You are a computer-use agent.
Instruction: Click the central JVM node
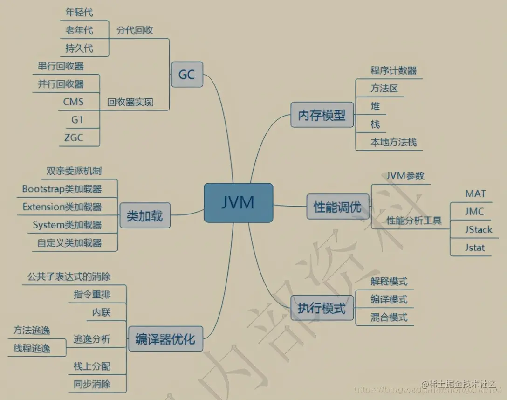[238, 203]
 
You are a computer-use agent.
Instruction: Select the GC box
[187, 74]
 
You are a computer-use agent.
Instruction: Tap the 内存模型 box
[322, 115]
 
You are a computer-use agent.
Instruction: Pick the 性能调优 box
[337, 207]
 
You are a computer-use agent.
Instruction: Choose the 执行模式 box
[322, 308]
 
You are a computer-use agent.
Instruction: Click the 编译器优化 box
[165, 338]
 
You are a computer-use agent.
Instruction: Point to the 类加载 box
[144, 215]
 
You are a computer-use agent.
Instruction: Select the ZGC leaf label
[74, 138]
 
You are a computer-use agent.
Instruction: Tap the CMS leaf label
[74, 101]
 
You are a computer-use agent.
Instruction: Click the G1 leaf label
[77, 119]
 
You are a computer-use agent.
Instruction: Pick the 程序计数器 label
[393, 70]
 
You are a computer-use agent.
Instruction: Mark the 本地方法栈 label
[393, 142]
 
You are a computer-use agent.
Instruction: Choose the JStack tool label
[478, 229]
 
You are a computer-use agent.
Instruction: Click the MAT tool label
[475, 193]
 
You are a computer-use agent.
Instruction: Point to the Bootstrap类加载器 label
[62, 189]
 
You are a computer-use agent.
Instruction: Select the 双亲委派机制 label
[74, 171]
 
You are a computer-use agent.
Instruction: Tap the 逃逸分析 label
[92, 339]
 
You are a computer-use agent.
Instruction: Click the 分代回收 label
[135, 31]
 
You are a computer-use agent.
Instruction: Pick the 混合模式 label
[389, 317]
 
